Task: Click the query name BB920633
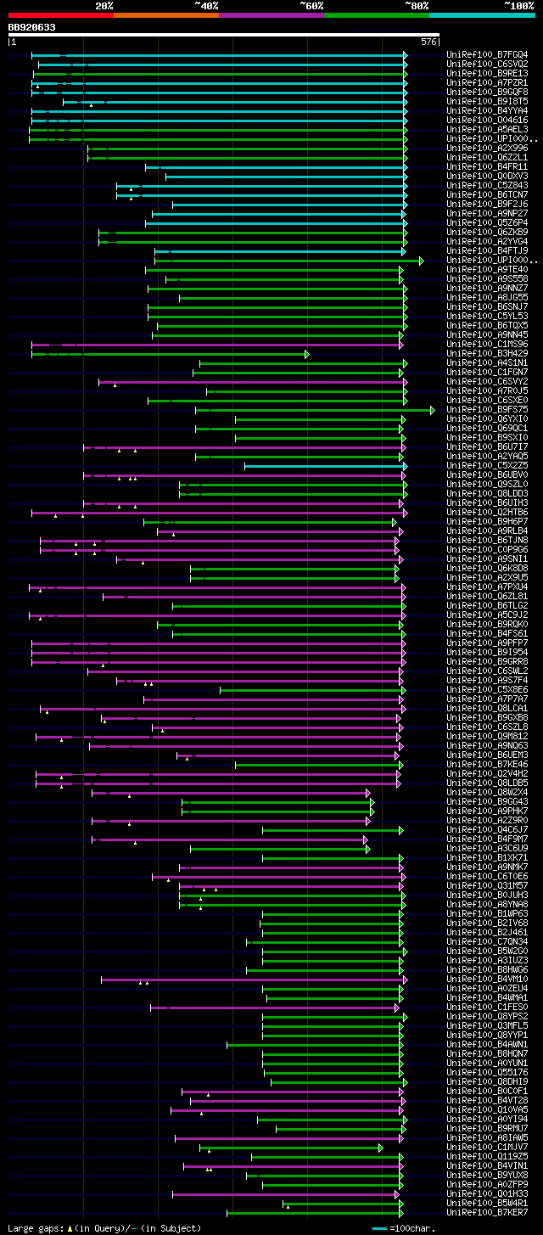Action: pos(32,27)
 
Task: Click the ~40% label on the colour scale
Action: pos(206,5)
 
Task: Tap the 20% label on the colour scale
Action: pos(104,5)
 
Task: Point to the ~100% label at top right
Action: pos(519,5)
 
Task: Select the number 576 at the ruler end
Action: pos(428,41)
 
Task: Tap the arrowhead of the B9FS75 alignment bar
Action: pos(433,410)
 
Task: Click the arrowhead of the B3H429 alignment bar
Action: pos(307,354)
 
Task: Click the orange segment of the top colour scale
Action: pos(165,14)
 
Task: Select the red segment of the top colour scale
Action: pos(60,14)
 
